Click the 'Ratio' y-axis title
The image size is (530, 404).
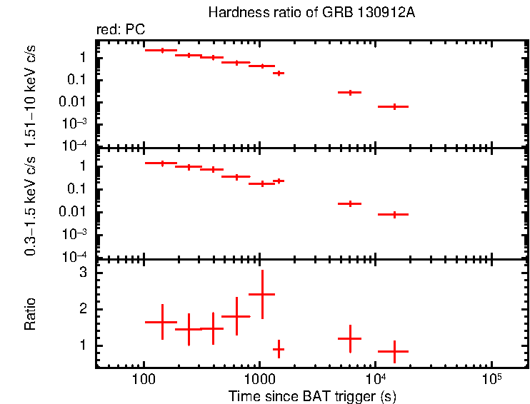click(x=31, y=315)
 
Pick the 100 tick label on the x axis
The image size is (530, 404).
click(x=144, y=377)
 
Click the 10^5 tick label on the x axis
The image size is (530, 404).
click(x=491, y=376)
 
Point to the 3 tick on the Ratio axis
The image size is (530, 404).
click(x=84, y=273)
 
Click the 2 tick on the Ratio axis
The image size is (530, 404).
click(x=84, y=309)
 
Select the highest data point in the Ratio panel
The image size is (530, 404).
click(x=262, y=294)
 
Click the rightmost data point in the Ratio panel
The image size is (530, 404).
click(x=393, y=351)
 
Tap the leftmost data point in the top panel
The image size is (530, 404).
click(x=162, y=50)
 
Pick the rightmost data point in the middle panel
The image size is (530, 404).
click(x=393, y=214)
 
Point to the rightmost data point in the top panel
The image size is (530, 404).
click(x=393, y=106)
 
